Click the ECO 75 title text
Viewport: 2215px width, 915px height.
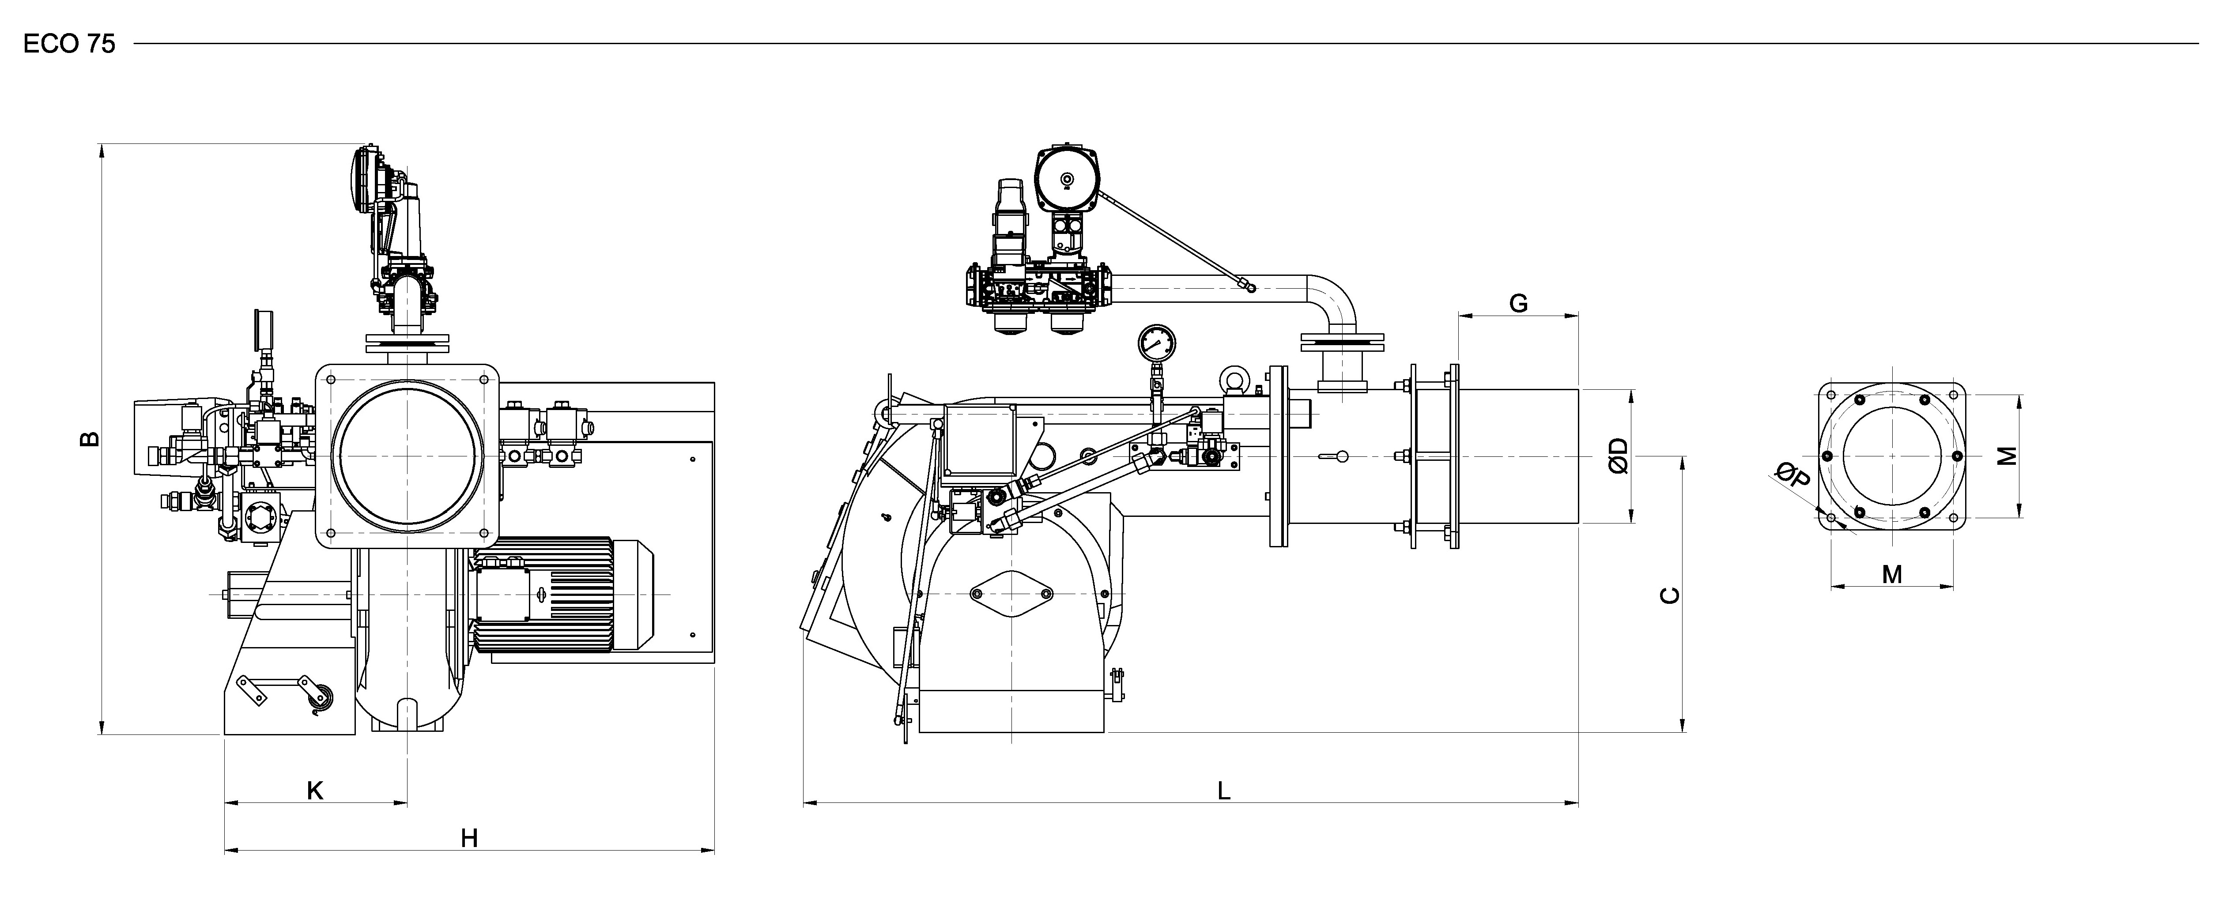point(69,45)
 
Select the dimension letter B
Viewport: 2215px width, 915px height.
point(90,440)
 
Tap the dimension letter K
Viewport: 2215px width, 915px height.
point(316,790)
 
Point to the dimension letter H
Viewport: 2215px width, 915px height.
point(468,838)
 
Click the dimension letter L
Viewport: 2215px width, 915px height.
point(1223,790)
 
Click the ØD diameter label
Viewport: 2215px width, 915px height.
point(1618,456)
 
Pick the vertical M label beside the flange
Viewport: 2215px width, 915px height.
point(2007,456)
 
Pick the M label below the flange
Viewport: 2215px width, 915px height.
point(1892,574)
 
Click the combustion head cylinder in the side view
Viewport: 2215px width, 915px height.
point(1518,456)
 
